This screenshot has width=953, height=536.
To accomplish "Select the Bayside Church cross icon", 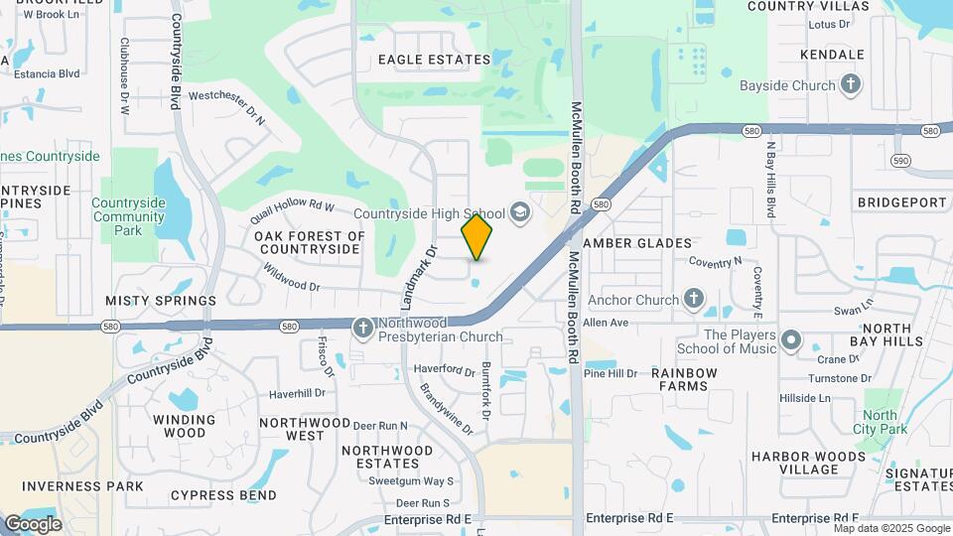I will [x=850, y=85].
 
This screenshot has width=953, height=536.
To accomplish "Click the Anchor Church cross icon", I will [x=694, y=299].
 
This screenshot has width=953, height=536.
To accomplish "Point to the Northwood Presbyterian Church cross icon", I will [x=364, y=327].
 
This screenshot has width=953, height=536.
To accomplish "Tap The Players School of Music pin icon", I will [x=791, y=341].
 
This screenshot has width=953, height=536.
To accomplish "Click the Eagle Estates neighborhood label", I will [x=435, y=60].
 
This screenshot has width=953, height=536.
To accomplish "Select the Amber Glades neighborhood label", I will [x=637, y=243].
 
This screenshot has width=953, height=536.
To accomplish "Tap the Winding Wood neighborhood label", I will [x=179, y=426].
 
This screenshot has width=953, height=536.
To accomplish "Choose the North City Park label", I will [x=880, y=422].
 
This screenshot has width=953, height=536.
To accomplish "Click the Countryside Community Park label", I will [x=128, y=216].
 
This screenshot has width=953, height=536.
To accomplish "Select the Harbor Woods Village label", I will [x=795, y=463].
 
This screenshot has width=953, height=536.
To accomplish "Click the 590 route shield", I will [x=900, y=160].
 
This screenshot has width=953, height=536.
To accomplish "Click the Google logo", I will [x=33, y=524].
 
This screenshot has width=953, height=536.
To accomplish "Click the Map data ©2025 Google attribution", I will [x=890, y=528].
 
